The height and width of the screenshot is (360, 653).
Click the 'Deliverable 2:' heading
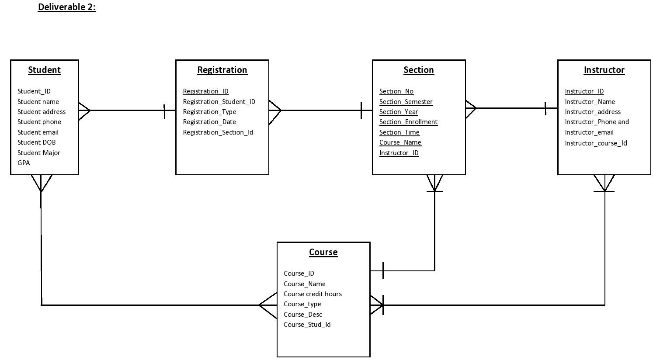click(66, 7)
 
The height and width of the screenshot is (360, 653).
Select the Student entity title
click(44, 70)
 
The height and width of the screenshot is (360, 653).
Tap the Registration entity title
click(222, 70)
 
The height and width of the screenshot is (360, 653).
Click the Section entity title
click(418, 70)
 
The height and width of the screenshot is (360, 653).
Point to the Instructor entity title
click(604, 70)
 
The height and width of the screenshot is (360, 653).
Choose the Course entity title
click(323, 252)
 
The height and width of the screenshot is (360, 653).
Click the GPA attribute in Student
click(24, 163)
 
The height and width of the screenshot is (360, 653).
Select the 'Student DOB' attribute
click(36, 142)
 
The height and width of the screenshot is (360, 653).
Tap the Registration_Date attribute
click(209, 122)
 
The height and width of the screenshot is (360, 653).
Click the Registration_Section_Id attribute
click(218, 132)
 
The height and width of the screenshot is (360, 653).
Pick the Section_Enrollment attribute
click(408, 122)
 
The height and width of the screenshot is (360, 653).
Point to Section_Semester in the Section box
click(406, 102)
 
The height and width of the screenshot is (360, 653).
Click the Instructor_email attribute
click(589, 132)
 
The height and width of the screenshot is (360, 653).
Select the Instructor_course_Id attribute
click(596, 143)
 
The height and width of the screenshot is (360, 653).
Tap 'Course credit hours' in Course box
click(313, 294)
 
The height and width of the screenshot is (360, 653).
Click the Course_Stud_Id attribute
click(307, 325)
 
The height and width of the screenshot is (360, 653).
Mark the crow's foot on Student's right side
click(84, 111)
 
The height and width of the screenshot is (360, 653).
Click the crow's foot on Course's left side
click(268, 305)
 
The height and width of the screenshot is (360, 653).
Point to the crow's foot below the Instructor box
click(604, 183)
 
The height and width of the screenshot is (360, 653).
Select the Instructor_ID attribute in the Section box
click(399, 153)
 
